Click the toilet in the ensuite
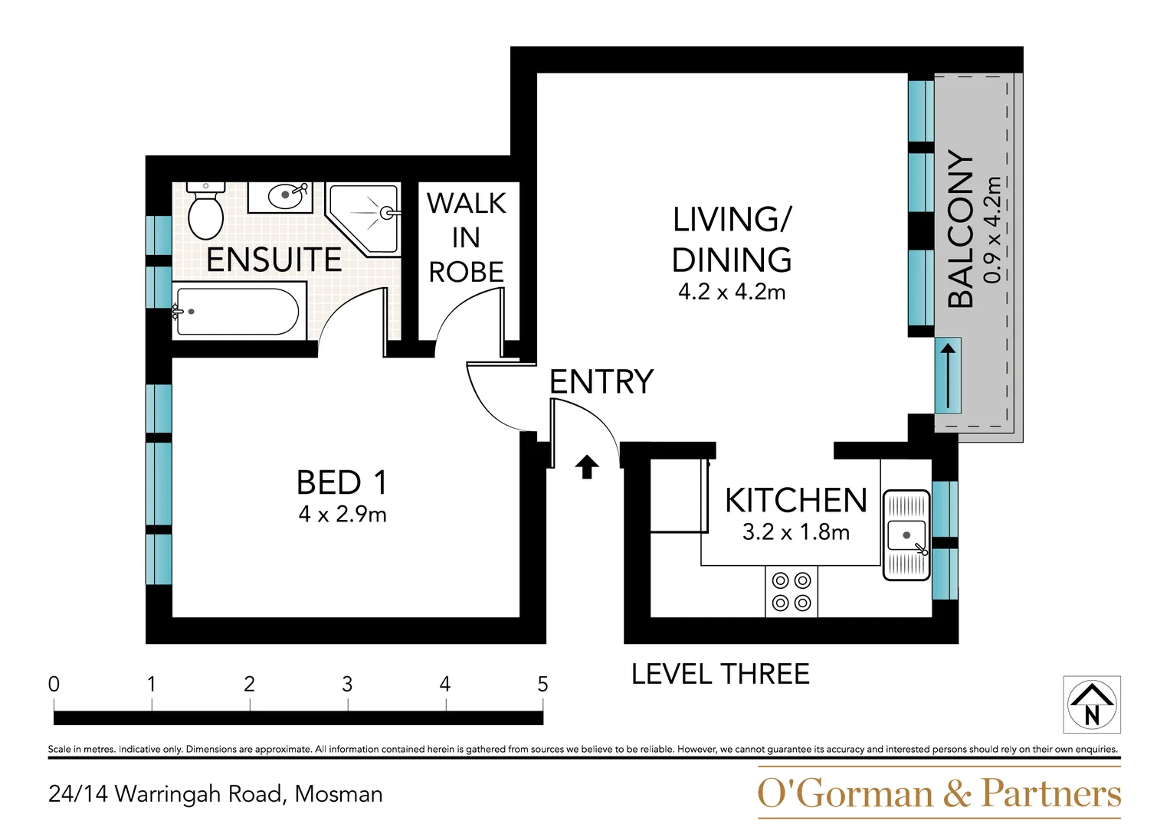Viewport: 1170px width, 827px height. point(206,211)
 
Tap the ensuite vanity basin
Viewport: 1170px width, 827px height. point(280,198)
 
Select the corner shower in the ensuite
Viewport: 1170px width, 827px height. point(362,219)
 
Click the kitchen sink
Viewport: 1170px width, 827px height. point(906,535)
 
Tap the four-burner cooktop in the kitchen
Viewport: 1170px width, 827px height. point(791,591)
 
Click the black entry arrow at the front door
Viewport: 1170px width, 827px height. point(587,467)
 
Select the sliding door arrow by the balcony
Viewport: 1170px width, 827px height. point(948,376)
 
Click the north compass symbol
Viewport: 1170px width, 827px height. point(1092,704)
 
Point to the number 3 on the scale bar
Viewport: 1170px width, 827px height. point(347,684)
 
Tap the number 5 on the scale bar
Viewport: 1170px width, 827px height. point(542,684)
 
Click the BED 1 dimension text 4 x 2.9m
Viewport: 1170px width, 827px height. point(342,515)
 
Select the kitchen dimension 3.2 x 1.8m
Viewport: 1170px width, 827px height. point(796,532)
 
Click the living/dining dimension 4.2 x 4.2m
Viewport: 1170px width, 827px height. point(732,292)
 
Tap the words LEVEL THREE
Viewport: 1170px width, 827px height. point(720,674)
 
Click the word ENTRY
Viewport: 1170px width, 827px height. point(601,381)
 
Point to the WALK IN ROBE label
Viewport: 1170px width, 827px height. point(467,237)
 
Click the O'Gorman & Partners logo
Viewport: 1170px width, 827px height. point(939,793)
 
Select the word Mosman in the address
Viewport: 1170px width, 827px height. point(339,794)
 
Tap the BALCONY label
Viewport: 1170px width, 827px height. point(961,229)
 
